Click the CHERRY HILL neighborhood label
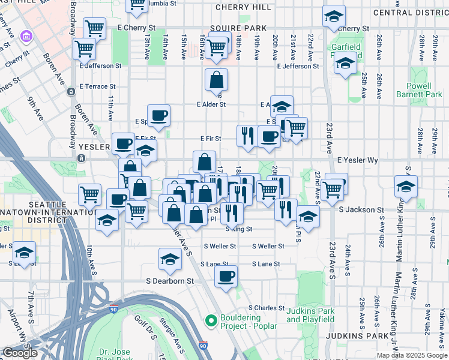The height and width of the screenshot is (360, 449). pos(243,7)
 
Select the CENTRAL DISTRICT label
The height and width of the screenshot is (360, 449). pos(411,13)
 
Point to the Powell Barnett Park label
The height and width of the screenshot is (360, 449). pos(419,90)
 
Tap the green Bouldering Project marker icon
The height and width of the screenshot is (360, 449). pos(210,321)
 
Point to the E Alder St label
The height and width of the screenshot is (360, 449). pos(211,104)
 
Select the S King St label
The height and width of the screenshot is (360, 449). pos(239,229)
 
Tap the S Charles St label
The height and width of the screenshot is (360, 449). pos(266,308)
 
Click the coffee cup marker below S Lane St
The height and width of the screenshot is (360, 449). pos(226,277)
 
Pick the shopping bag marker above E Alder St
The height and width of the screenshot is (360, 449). pos(216,80)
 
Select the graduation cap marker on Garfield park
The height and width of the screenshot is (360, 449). pos(345,62)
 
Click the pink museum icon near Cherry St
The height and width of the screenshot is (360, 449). pos(25,38)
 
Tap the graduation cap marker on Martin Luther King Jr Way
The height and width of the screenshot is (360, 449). pos(406,185)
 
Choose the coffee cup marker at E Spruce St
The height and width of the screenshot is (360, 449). pos(158,115)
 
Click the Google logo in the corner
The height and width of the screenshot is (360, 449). pos(20,353)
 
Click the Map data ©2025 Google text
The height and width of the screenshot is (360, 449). pos(412,355)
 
